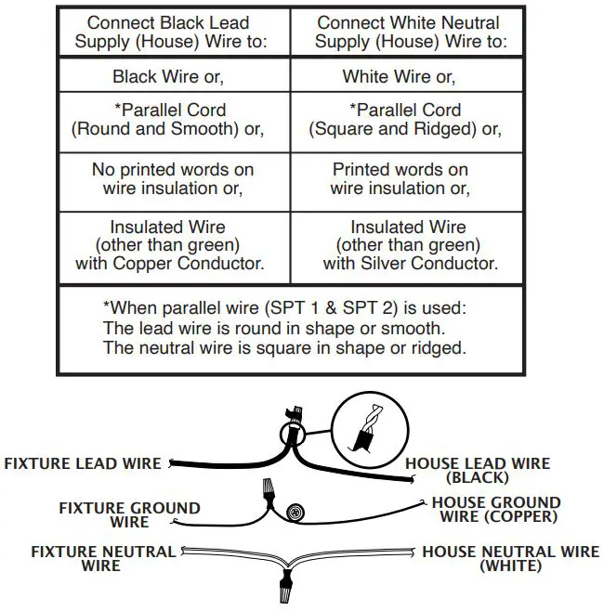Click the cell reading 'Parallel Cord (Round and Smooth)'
tap(168, 119)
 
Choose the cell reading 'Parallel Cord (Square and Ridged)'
tap(405, 119)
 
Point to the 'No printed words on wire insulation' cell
tap(173, 179)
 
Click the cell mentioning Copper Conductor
tap(170, 245)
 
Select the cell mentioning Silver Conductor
tap(411, 245)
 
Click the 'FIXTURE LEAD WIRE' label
tap(83, 463)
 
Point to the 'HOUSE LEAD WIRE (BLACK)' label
tap(478, 471)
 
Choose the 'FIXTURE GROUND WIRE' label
tap(129, 515)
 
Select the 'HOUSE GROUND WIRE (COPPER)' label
tap(496, 509)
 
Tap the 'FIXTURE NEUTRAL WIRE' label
tap(103, 558)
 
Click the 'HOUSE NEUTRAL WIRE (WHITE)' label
tap(511, 558)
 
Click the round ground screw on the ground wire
tap(295, 512)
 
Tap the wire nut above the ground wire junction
tap(269, 491)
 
